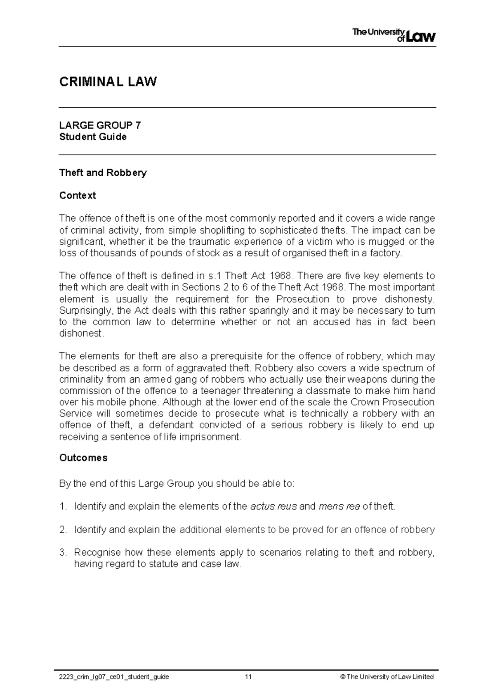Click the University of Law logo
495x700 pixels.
click(x=394, y=35)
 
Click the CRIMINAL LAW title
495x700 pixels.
click(x=108, y=82)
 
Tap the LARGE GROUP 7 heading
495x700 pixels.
click(x=100, y=125)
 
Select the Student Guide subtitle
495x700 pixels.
click(x=93, y=137)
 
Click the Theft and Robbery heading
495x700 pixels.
click(x=103, y=173)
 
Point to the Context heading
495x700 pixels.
click(x=78, y=195)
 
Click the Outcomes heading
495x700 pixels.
click(x=83, y=458)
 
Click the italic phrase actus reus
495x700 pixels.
click(x=273, y=506)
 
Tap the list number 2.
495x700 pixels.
click(x=63, y=530)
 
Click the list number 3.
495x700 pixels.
click(x=63, y=553)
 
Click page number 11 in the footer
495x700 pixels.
click(x=248, y=677)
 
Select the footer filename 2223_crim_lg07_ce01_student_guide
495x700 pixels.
click(x=114, y=677)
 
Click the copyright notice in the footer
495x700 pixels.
click(x=387, y=677)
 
